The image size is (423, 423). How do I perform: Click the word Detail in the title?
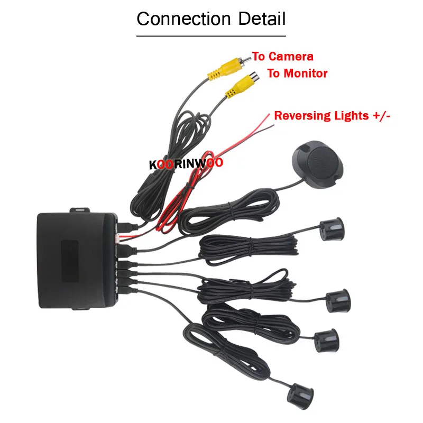click(261, 19)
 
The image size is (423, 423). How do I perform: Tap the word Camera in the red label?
click(291, 56)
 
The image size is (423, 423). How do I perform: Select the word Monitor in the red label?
click(305, 73)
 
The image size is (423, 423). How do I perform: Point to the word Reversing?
click(300, 116)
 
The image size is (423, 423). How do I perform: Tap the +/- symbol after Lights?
click(382, 116)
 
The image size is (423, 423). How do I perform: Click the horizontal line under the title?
click(211, 35)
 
